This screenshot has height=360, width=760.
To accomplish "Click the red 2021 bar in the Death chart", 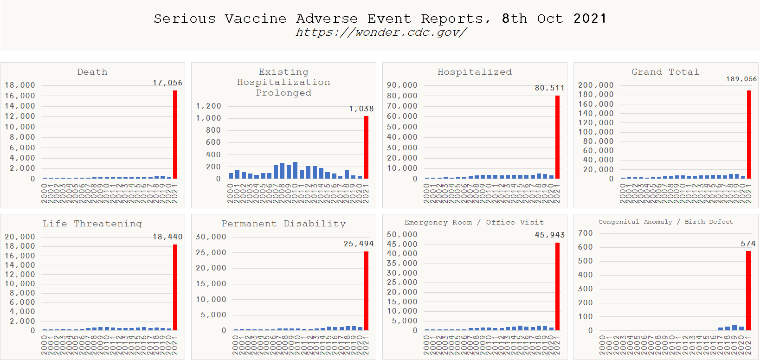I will pyautogui.click(x=175, y=135).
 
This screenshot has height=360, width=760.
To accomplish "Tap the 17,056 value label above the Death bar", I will pyautogui.click(x=167, y=83).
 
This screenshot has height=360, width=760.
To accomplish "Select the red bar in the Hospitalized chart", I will pyautogui.click(x=557, y=137).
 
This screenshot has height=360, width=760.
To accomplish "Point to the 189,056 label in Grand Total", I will pyautogui.click(x=741, y=79).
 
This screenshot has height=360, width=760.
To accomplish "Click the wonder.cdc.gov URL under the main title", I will pyautogui.click(x=381, y=32).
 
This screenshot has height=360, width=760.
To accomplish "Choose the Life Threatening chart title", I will pyautogui.click(x=92, y=224).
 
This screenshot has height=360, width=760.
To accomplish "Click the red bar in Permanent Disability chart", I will pyautogui.click(x=366, y=291).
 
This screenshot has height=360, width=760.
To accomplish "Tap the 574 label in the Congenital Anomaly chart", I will pyautogui.click(x=748, y=244).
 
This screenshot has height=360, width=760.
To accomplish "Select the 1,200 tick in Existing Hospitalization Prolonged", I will pyautogui.click(x=208, y=106).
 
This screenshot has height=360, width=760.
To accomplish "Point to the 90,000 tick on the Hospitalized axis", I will pyautogui.click(x=402, y=85).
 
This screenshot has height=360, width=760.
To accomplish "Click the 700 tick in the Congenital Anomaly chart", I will pyautogui.click(x=585, y=233).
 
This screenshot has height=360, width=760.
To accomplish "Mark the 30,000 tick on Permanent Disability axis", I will pyautogui.click(x=211, y=237).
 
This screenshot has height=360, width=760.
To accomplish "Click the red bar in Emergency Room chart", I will pyautogui.click(x=557, y=286).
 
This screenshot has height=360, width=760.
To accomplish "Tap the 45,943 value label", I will pyautogui.click(x=549, y=235).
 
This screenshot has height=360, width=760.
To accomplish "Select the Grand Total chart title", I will pyautogui.click(x=665, y=72).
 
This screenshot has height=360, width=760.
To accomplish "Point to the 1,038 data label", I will pyautogui.click(x=361, y=109).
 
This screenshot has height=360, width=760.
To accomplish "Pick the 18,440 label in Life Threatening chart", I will pyautogui.click(x=167, y=237).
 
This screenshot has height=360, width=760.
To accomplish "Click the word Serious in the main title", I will pyautogui.click(x=185, y=19).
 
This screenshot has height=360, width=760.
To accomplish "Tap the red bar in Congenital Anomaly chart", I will pyautogui.click(x=748, y=290).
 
